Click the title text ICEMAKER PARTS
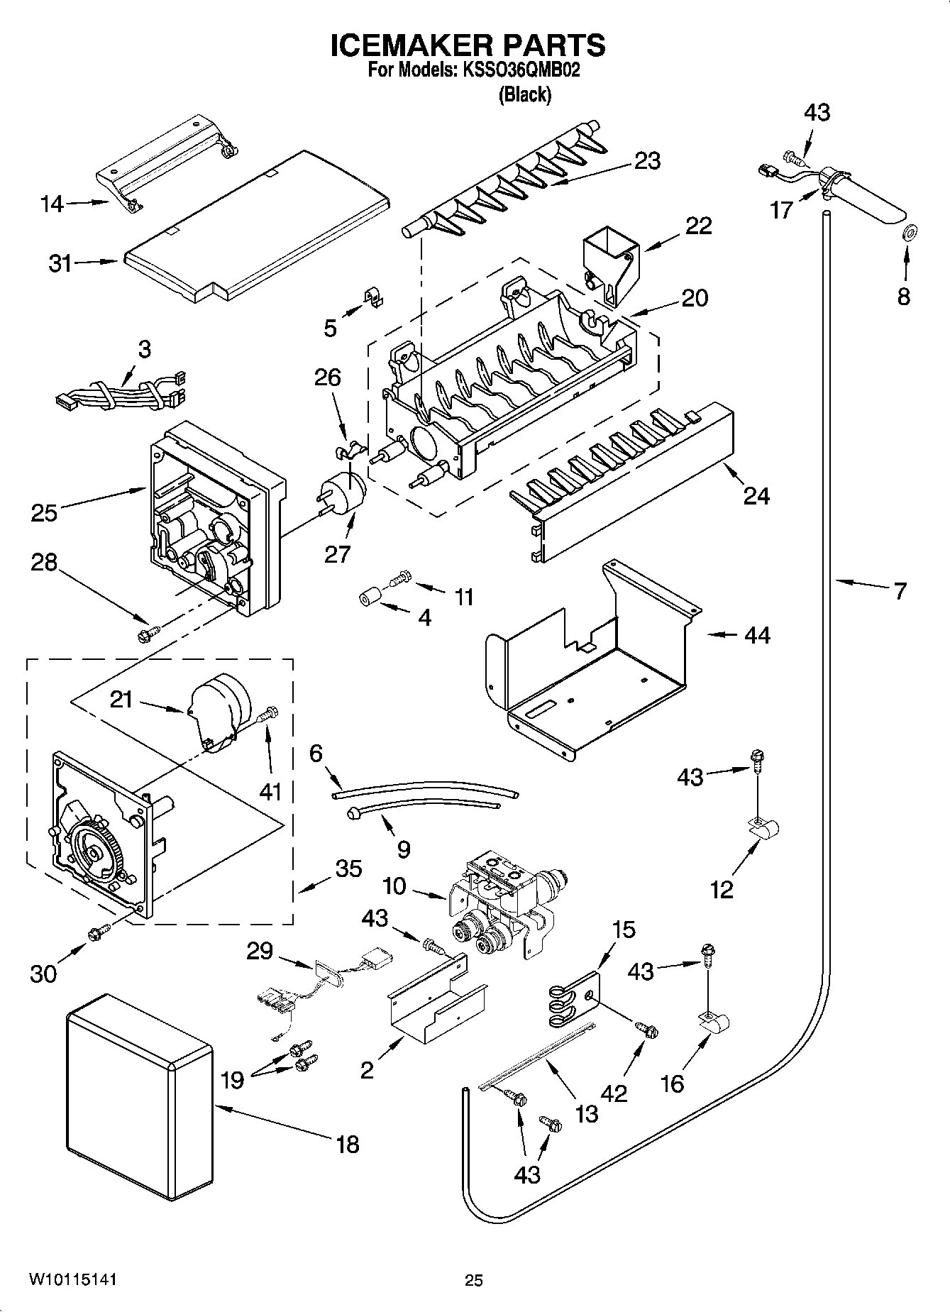click(468, 45)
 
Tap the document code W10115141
click(72, 1279)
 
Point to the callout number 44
click(756, 634)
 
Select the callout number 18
click(348, 1144)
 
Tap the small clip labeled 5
click(373, 297)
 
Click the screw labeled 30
click(97, 935)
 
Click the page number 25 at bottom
click(473, 1280)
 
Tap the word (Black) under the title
click(524, 94)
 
